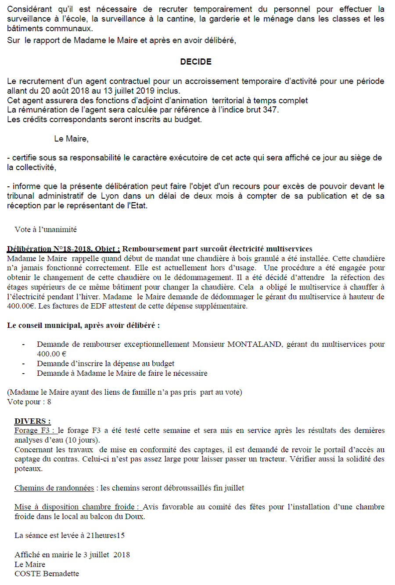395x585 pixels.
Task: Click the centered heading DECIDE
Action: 196,62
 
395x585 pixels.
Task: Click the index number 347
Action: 270,110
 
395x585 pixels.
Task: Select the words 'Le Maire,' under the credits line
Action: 71,139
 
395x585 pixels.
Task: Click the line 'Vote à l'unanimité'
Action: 46,229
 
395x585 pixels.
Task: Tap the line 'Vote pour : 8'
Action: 29,402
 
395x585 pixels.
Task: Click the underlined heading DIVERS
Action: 32,421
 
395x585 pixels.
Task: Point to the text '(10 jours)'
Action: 83,440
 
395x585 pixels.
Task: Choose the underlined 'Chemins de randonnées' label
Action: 54,488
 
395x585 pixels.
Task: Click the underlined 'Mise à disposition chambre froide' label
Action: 77,507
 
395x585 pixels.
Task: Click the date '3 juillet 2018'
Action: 107,555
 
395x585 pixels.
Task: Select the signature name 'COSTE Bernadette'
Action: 47,574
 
